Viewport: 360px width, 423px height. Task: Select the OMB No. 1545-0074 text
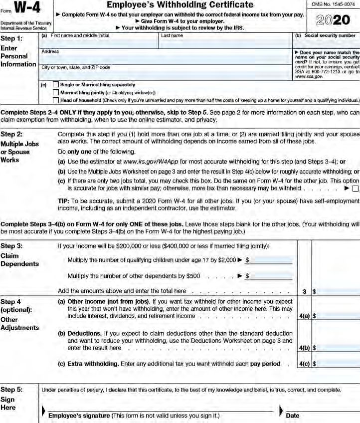click(333, 5)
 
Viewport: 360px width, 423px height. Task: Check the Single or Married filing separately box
click(55, 85)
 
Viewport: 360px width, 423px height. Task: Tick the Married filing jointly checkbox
click(55, 92)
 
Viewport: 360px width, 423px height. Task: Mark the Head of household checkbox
click(55, 100)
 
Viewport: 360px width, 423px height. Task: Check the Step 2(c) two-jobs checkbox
click(355, 189)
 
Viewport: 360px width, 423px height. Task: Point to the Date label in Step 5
click(293, 416)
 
